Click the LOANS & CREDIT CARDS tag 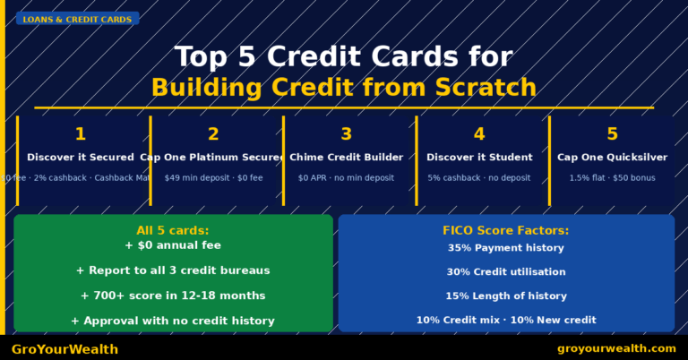pos(77,19)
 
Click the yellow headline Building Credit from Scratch pos(343,88)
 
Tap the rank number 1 pos(80,134)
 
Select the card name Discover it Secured pos(81,158)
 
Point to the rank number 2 pos(213,134)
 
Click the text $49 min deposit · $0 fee pos(213,177)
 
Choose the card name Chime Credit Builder pos(346,158)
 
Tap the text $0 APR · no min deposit pos(346,177)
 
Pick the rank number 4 pos(479,134)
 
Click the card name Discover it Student pos(479,158)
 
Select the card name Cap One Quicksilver pos(612,158)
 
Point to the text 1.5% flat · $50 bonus pos(612,177)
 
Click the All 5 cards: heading pos(173,230)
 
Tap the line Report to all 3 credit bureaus pos(173,270)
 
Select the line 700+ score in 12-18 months pos(173,296)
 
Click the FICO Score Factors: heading pos(506,230)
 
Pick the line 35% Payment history pos(506,248)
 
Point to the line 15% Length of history pos(506,296)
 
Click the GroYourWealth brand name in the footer pos(64,349)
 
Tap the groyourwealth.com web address pos(616,348)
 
